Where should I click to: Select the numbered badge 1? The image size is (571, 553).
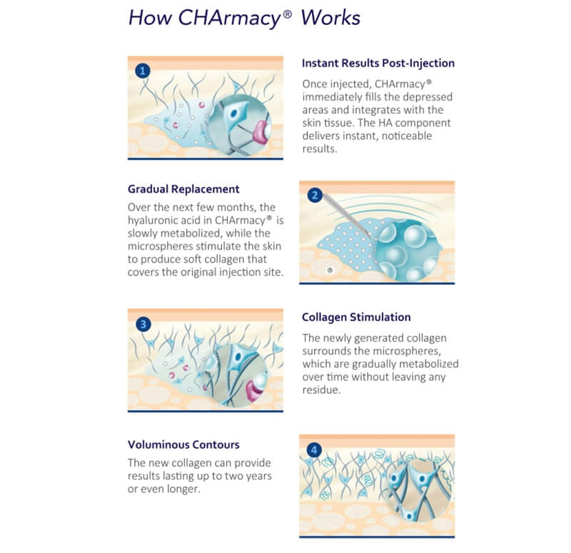coord(143,70)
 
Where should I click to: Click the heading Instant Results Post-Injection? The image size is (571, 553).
coord(378,63)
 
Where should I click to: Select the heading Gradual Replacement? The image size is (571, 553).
coord(183,189)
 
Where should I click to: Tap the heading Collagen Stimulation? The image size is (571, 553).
coord(356,317)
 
